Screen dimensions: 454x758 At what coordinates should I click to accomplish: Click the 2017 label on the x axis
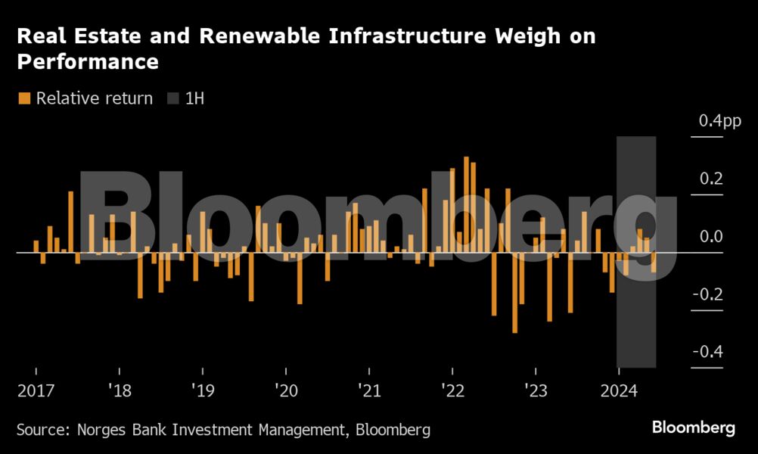36,391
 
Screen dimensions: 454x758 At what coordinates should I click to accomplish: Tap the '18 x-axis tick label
119,391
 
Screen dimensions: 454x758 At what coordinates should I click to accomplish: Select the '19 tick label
202,391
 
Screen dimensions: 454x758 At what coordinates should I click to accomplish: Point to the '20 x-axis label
285,391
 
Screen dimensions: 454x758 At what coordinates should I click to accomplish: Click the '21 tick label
368,391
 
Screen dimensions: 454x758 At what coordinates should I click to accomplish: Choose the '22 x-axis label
452,391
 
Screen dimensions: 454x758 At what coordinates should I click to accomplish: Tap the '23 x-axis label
535,391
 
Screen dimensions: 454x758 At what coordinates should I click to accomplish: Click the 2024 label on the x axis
618,391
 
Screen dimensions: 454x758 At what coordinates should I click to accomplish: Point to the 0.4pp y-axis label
720,121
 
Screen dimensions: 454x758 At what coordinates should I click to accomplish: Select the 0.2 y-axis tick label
711,179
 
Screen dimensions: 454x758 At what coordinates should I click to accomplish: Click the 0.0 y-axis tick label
711,237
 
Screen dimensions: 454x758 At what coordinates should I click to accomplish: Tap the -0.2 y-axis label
708,294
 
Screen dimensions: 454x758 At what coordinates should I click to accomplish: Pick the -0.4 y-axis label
708,352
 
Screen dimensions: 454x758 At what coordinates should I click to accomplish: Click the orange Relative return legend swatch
24,98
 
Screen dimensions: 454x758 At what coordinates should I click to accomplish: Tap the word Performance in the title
88,61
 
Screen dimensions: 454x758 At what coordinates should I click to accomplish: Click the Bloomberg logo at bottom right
693,428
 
